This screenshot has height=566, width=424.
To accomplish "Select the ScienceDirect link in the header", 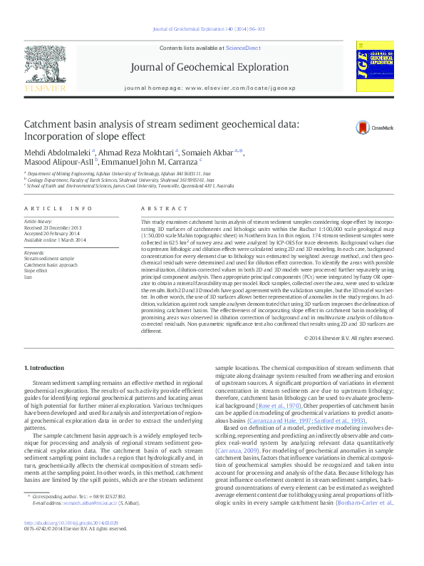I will click(242, 47).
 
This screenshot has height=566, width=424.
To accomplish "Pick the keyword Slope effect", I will click(36, 271).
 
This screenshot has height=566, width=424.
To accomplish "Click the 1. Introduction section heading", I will click(44, 368).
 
